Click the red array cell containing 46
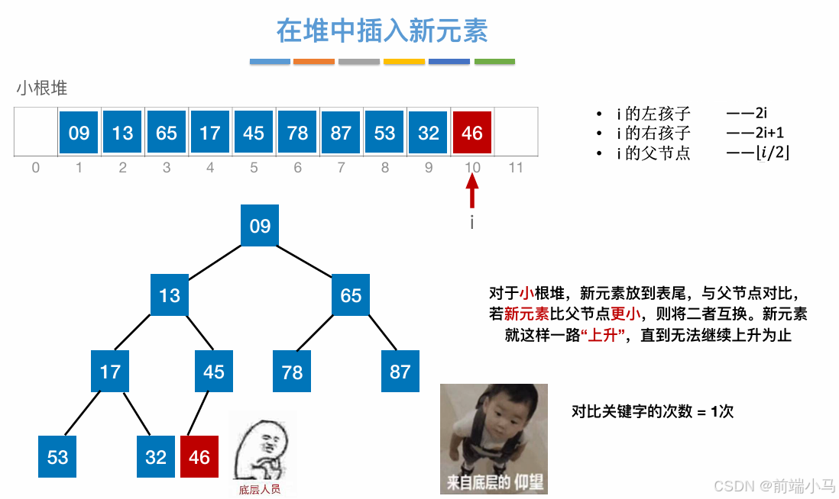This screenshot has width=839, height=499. [472, 133]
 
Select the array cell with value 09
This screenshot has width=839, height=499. [79, 133]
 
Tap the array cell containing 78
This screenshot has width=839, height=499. [297, 133]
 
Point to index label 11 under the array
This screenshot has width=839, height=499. [516, 167]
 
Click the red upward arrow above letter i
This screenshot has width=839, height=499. [472, 191]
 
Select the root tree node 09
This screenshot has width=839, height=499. [260, 226]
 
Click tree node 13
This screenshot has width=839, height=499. [170, 295]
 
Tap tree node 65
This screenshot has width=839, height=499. [351, 295]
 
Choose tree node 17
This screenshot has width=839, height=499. [110, 372]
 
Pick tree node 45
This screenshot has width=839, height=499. [214, 372]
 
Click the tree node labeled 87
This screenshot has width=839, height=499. [400, 372]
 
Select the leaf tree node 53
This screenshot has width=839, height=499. [58, 456]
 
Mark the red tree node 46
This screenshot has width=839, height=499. [199, 456]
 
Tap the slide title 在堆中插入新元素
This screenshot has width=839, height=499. [382, 31]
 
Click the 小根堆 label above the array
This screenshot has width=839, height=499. [42, 89]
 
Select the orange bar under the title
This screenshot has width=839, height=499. [314, 61]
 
